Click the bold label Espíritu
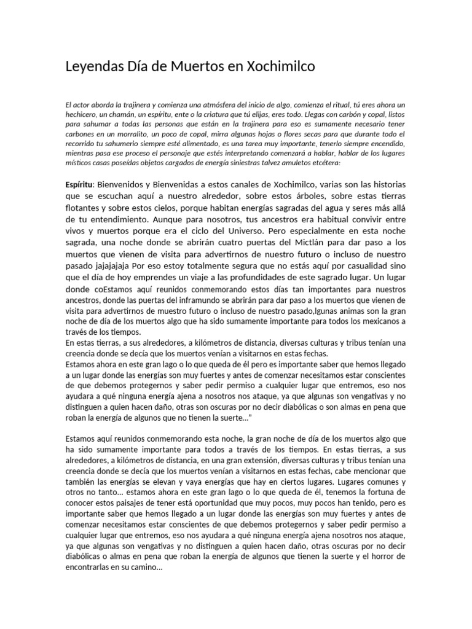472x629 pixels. coord(79,185)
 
